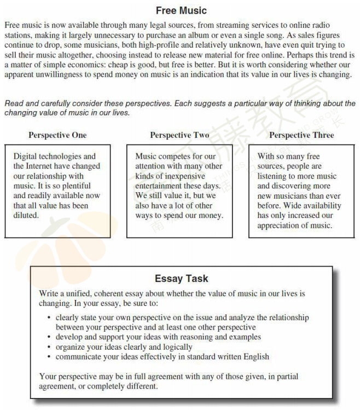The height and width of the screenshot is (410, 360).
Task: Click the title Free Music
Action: pyautogui.click(x=181, y=10)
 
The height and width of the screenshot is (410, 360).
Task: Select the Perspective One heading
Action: pyautogui.click(x=57, y=135)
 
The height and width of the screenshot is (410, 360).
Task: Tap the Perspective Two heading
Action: pyautogui.click(x=179, y=135)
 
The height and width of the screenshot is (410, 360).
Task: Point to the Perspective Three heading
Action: pyautogui.click(x=301, y=135)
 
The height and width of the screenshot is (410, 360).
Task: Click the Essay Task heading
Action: pyautogui.click(x=181, y=279)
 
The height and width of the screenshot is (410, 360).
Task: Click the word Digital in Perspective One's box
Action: pyautogui.click(x=25, y=156)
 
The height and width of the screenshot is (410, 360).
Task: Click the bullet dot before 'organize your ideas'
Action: pyautogui.click(x=49, y=347)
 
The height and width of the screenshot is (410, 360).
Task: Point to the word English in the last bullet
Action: pyautogui.click(x=255, y=356)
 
